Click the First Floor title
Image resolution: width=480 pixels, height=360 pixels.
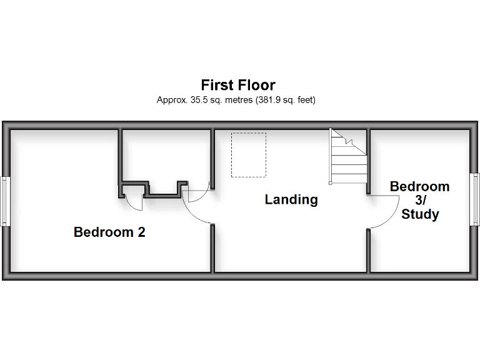click(x=237, y=85)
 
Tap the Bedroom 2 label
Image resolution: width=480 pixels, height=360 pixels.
click(x=109, y=232)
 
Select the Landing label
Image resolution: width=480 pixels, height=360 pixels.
click(x=291, y=200)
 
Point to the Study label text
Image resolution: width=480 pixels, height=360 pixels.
click(x=420, y=214)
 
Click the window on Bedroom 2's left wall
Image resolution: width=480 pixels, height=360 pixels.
click(x=4, y=201)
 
